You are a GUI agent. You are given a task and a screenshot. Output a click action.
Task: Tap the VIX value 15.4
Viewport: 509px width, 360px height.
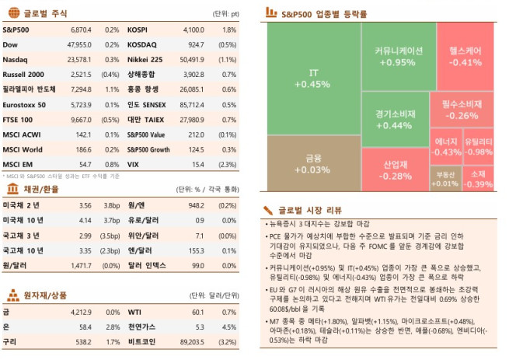tap(197, 164)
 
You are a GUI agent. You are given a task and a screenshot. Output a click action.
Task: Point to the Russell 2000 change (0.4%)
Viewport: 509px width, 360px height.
tap(110, 74)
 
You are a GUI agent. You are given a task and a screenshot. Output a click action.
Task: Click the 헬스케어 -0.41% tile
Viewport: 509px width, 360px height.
tap(465, 56)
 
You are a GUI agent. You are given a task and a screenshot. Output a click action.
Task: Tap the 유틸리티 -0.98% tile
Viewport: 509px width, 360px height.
tap(478, 146)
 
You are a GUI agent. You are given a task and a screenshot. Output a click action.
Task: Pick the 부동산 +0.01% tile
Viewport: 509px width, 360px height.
tap(445, 179)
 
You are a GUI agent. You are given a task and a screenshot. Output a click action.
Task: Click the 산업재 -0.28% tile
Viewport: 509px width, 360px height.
tap(397, 170)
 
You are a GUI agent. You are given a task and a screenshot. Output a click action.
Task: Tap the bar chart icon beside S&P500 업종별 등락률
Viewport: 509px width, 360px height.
tap(270, 13)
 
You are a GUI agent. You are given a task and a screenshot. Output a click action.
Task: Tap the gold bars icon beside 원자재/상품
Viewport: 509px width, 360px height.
tap(13, 295)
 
